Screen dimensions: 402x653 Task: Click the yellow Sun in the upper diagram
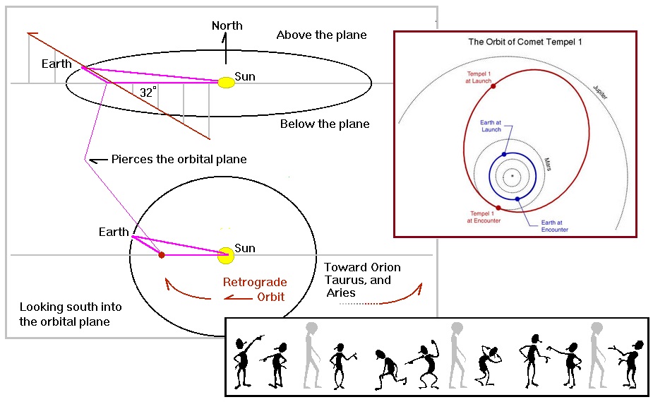[226, 82]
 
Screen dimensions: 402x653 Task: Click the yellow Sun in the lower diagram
[226, 255]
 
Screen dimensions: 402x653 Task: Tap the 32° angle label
[148, 93]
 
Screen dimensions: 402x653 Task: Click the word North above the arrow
[227, 26]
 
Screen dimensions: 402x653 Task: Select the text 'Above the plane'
[321, 35]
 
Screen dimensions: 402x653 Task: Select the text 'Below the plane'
[325, 124]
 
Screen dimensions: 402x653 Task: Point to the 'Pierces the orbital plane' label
[179, 159]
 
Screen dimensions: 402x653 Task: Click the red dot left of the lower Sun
[162, 254]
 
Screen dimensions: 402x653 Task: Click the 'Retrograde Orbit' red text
[254, 290]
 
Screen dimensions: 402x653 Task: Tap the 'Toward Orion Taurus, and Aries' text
[361, 280]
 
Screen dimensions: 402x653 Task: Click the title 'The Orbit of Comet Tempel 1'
[515, 42]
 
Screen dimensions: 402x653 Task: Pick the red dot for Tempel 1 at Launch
[493, 86]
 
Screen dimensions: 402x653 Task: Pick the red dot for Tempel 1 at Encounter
[499, 208]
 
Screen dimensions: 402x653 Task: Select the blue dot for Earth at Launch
[504, 154]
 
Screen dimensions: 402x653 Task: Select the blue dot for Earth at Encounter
[517, 199]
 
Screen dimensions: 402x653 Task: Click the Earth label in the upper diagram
[56, 64]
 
